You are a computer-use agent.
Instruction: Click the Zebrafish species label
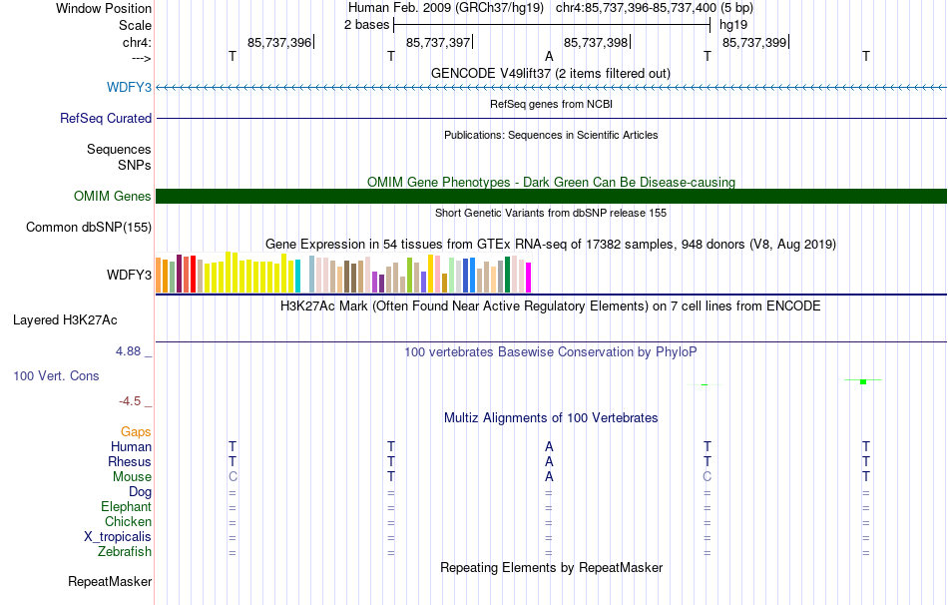tap(125, 552)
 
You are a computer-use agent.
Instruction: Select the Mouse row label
tap(132, 477)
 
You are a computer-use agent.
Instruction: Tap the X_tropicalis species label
tap(118, 537)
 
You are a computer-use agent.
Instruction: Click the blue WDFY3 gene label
tap(129, 87)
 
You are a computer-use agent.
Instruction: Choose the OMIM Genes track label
tap(113, 196)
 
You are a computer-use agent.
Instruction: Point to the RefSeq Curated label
tap(106, 118)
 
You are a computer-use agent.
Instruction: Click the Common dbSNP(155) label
tap(89, 227)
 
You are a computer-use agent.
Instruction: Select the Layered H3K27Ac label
tap(65, 320)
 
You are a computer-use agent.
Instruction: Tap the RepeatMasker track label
tap(110, 581)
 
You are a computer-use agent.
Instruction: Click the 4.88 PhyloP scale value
tap(128, 351)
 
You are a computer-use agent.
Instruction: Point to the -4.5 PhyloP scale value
tap(130, 401)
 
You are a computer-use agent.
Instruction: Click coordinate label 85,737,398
tap(596, 42)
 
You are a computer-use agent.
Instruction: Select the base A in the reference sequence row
tap(549, 56)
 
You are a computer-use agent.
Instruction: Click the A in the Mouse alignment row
tap(549, 477)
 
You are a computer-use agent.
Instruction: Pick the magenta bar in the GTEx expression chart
tap(529, 278)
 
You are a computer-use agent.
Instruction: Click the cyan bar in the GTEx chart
tap(297, 277)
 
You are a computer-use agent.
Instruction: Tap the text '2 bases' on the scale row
tap(367, 25)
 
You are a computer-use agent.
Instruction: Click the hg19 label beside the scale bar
tap(733, 25)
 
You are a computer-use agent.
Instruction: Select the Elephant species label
tap(127, 507)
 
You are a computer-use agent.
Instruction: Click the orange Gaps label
tap(136, 432)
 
